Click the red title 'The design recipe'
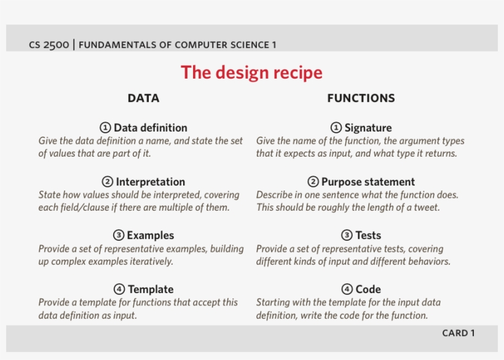tap(251, 72)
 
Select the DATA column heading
tap(143, 98)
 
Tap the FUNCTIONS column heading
tap(361, 98)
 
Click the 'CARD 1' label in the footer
tap(459, 333)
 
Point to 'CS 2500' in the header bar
tap(49, 45)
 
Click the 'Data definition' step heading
tap(151, 128)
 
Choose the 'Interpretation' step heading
tap(151, 182)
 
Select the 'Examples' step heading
tap(151, 235)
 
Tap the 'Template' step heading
tap(151, 289)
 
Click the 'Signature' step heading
tap(368, 128)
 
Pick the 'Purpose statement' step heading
tap(368, 182)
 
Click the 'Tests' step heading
tap(368, 235)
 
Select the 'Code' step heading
tap(368, 289)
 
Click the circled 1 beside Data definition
tap(105, 128)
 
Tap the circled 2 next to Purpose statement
tap(313, 182)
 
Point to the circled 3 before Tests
tap(347, 235)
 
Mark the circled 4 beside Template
tap(119, 289)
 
